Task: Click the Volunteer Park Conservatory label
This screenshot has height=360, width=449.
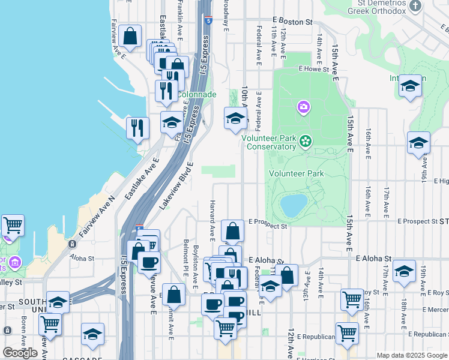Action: point(269,142)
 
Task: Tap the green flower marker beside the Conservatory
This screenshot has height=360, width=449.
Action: point(306,141)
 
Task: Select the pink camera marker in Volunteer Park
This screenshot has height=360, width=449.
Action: point(304,107)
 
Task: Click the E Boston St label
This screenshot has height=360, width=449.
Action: point(292,21)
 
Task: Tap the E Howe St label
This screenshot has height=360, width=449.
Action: point(314,69)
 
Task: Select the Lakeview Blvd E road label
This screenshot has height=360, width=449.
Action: point(178,185)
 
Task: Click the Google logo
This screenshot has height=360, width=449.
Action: point(20,353)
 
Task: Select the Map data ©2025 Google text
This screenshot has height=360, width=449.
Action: point(411,355)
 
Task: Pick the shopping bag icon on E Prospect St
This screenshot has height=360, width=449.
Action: point(232,230)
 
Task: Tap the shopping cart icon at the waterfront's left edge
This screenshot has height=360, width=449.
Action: point(13,226)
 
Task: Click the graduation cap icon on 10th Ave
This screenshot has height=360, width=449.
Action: point(235,118)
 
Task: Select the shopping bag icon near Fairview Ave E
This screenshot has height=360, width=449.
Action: point(130,36)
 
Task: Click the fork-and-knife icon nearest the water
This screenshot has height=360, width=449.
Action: point(138,128)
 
